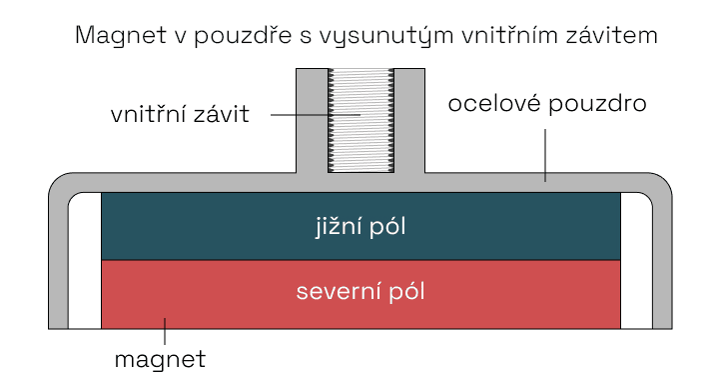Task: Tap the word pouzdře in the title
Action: point(235,37)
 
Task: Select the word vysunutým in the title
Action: point(368,37)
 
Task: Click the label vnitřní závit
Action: point(179,114)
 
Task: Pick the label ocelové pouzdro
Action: point(548,104)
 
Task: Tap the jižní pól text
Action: point(359,226)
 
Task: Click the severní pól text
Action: point(360,292)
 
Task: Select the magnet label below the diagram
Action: point(160,357)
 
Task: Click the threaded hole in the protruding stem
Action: point(360,121)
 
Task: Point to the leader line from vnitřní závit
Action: point(310,114)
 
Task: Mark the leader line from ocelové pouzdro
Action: point(545,150)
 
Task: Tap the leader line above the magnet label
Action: point(166,329)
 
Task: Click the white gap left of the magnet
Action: point(84,260)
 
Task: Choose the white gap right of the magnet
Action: point(636,260)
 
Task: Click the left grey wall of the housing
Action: point(57,260)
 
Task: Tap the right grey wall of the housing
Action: point(661,260)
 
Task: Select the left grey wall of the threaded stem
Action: point(312,120)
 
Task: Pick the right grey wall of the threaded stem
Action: point(409,120)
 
